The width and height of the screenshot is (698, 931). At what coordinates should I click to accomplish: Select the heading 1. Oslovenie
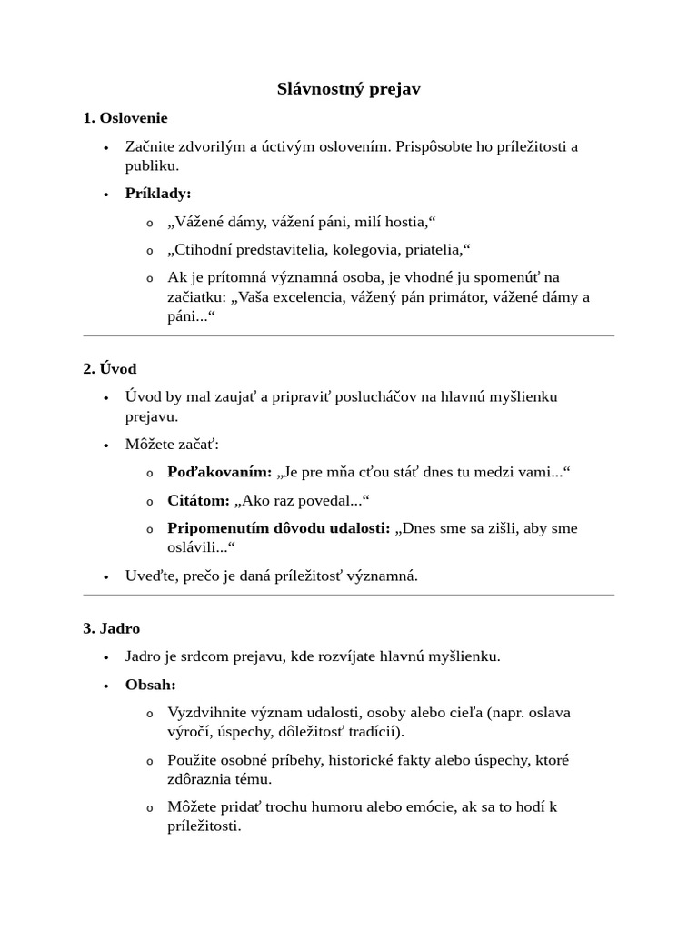[x=125, y=118]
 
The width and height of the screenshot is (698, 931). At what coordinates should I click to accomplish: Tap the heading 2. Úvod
[x=109, y=368]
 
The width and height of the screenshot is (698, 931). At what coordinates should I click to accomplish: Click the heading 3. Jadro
[x=111, y=628]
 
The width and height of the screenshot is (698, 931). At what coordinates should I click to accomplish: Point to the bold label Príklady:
[x=158, y=194]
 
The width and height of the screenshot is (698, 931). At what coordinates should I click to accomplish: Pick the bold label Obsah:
[x=151, y=684]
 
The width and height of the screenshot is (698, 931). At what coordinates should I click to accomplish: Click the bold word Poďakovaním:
[x=220, y=472]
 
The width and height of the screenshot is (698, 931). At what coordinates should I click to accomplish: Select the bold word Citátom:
[x=199, y=501]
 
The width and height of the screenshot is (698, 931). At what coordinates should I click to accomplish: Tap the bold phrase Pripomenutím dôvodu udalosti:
[x=279, y=528]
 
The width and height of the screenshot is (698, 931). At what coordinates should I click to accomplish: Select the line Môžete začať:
[x=172, y=445]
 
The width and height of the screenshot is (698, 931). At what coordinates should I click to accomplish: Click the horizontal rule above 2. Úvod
[x=349, y=335]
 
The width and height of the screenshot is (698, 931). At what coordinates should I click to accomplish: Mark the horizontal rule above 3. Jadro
[x=349, y=596]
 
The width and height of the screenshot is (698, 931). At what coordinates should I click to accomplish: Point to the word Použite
[x=194, y=759]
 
